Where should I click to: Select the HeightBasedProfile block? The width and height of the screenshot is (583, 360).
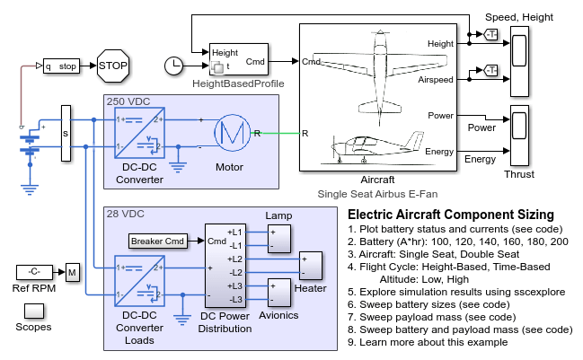coord(237,58)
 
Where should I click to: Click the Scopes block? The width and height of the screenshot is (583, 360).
coord(33,311)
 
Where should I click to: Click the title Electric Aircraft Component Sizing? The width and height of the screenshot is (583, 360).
coord(449,215)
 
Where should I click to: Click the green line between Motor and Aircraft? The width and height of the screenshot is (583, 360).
coord(280,134)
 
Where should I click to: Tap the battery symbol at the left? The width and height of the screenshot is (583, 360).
coord(31,144)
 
